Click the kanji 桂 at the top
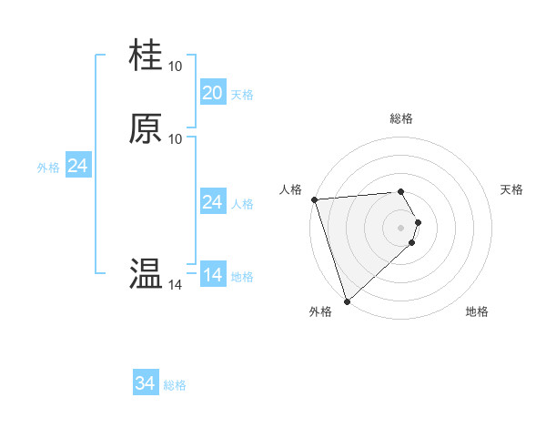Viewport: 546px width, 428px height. (x=147, y=56)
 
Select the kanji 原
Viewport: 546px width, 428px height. (x=147, y=128)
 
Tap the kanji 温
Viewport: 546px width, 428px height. (x=147, y=273)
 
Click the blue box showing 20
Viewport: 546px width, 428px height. (x=212, y=93)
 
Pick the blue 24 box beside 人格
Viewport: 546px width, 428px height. (x=212, y=202)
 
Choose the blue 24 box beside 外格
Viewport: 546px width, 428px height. (x=77, y=166)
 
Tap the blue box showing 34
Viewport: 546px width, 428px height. (x=145, y=384)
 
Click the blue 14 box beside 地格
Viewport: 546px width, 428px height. (x=212, y=275)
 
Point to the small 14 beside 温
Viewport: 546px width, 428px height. (x=176, y=285)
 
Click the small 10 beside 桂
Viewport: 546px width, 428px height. (x=176, y=66)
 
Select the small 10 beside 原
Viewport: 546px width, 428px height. (x=176, y=139)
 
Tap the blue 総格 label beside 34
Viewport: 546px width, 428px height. (x=175, y=386)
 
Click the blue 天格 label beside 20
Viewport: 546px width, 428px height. (x=242, y=95)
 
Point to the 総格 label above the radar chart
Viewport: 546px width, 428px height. (x=400, y=118)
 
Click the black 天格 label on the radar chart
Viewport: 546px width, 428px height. (x=511, y=189)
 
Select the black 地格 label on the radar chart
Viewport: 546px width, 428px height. (x=477, y=311)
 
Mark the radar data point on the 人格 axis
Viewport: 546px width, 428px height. (x=314, y=199)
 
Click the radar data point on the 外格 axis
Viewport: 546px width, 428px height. (x=347, y=301)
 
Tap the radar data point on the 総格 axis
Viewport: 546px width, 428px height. (x=400, y=191)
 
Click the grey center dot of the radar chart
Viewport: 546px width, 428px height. (x=400, y=227)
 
